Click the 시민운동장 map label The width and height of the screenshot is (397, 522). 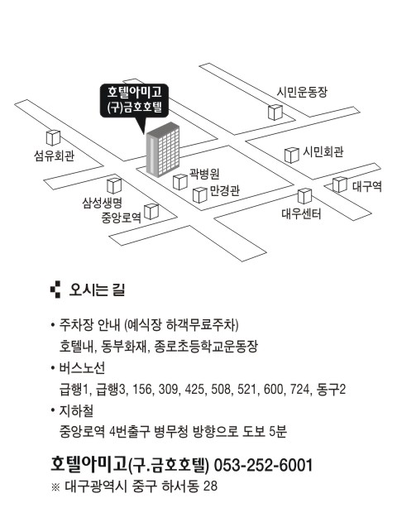click(x=302, y=92)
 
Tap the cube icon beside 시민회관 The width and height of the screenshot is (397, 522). click(x=292, y=156)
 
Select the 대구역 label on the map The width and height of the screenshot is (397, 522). click(x=367, y=186)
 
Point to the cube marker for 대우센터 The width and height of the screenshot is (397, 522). click(x=304, y=196)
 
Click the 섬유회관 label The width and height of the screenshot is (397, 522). click(x=55, y=156)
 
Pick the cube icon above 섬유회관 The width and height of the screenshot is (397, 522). click(x=53, y=138)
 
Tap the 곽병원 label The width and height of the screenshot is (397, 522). click(x=204, y=173)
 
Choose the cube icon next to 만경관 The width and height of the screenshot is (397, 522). click(x=200, y=195)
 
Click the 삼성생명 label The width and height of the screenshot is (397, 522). click(x=103, y=202)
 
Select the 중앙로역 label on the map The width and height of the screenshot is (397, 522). click(x=122, y=218)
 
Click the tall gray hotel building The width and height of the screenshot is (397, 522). click(x=163, y=150)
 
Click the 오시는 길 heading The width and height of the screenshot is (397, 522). click(x=97, y=290)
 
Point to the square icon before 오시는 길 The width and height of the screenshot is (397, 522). click(x=55, y=290)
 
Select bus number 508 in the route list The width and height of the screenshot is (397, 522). click(x=221, y=389)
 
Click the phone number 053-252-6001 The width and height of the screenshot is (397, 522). click(x=263, y=465)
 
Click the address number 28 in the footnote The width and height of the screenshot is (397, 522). click(x=210, y=486)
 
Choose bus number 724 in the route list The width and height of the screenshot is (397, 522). click(x=299, y=389)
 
